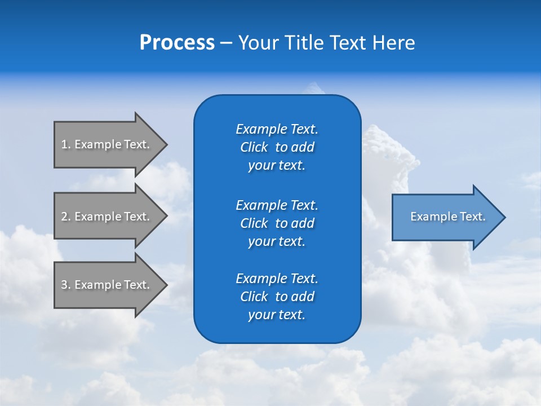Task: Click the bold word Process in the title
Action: click(x=177, y=43)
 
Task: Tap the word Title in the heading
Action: click(x=301, y=43)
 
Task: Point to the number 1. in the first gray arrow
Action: click(x=66, y=144)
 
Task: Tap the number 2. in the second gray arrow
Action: click(x=66, y=217)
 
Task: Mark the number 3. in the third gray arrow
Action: click(x=66, y=285)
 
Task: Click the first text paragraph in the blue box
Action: click(x=277, y=147)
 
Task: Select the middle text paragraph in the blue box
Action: click(x=277, y=223)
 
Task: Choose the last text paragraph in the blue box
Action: click(x=277, y=297)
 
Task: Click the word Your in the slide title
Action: click(x=256, y=43)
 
